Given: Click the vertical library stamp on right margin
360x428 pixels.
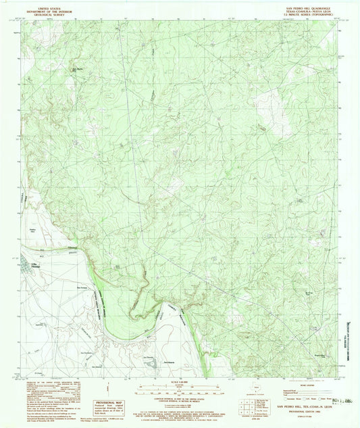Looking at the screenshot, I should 351,308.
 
